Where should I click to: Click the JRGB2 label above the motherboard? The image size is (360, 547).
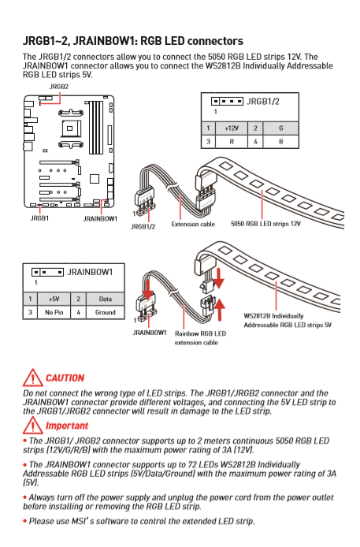(x=59, y=87)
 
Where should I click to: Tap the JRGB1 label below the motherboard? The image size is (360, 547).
(x=39, y=218)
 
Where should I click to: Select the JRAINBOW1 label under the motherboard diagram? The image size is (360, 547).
(x=100, y=219)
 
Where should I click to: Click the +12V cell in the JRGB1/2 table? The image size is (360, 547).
(x=232, y=128)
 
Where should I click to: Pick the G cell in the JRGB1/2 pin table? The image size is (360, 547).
(x=281, y=128)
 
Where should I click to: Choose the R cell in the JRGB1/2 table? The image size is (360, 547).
(x=232, y=142)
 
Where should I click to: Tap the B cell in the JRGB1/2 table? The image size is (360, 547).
(x=281, y=142)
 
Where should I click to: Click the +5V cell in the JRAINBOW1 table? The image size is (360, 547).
(x=54, y=299)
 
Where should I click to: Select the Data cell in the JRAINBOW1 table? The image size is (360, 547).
(x=106, y=299)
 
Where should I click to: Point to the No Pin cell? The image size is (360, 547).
(x=54, y=312)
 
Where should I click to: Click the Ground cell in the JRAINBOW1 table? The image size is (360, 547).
(x=106, y=312)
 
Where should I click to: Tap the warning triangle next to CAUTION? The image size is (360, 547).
(x=33, y=378)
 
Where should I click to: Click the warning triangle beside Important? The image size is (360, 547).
(x=33, y=426)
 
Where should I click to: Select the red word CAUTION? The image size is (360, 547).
(x=65, y=378)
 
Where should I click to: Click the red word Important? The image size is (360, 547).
(x=67, y=426)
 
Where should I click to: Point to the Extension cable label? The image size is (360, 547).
(x=193, y=225)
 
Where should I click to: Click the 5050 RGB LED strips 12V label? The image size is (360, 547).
(x=265, y=224)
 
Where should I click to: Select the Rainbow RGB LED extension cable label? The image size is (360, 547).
(x=200, y=338)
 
